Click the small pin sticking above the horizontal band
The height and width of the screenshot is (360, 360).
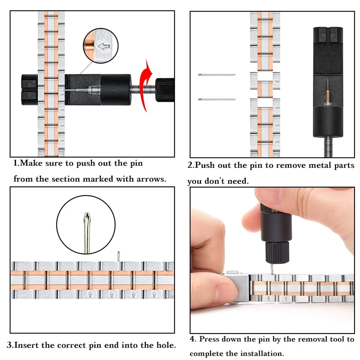[x=118, y=256]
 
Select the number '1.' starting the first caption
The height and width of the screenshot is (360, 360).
[x=16, y=163]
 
